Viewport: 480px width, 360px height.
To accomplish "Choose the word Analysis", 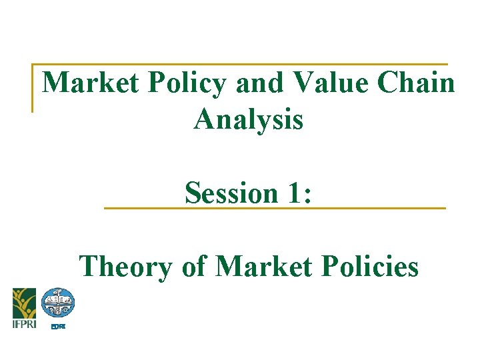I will tap(248, 120).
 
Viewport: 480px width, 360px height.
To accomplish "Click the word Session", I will tap(231, 193).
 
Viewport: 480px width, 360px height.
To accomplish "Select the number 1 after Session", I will tap(292, 193).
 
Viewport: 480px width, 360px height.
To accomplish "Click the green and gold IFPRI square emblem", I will tap(24, 302).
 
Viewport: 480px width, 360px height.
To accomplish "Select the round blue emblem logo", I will tap(58, 303).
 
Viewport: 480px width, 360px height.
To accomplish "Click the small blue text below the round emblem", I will tap(59, 326).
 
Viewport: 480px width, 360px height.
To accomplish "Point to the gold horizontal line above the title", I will tap(240, 65).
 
